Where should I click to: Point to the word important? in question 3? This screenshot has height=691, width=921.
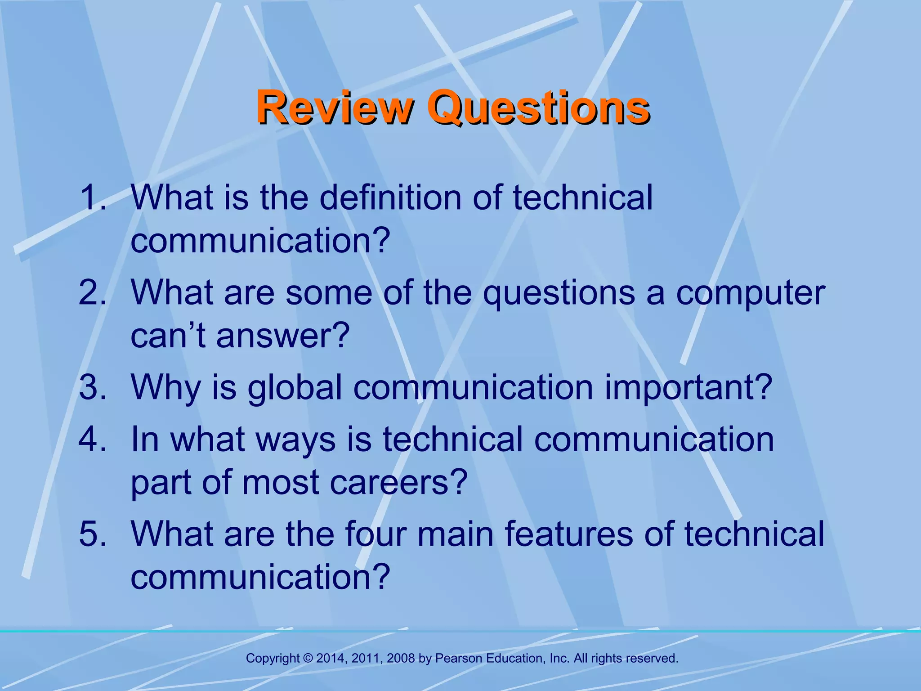(x=689, y=388)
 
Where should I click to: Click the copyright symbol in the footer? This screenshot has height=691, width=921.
(x=308, y=659)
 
